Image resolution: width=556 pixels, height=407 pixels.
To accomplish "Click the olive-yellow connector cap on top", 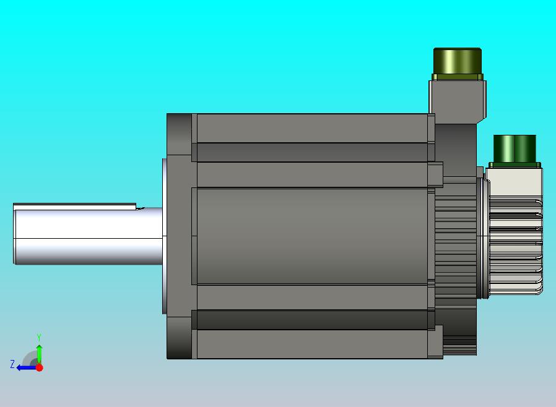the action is tap(458, 61).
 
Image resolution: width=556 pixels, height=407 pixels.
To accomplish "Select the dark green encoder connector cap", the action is tap(515, 148).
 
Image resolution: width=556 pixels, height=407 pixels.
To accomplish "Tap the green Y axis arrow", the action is tap(40, 354).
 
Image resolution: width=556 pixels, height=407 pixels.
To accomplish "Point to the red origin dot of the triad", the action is tap(40, 367).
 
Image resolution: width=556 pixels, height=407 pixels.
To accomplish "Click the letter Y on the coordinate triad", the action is tap(39, 337).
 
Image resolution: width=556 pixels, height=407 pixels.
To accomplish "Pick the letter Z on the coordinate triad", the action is tap(12, 364).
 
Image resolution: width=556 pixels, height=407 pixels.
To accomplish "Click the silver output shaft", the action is tap(88, 236).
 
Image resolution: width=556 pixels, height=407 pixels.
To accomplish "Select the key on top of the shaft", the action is tap(74, 207).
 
